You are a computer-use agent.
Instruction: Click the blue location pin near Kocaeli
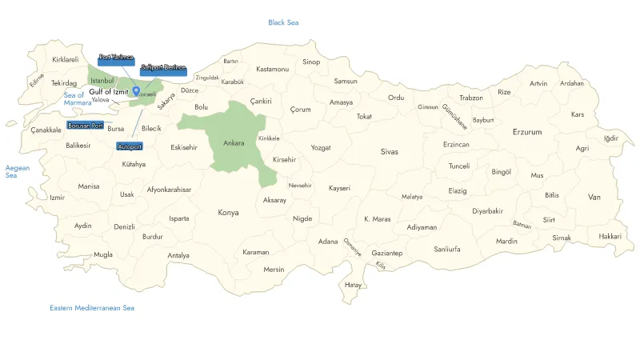tap(136, 91)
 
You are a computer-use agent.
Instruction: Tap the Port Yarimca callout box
tap(116, 58)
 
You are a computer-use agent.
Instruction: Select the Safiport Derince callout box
tap(163, 69)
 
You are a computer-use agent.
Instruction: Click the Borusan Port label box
tap(86, 126)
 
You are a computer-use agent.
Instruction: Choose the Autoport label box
tap(129, 147)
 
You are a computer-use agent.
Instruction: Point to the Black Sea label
tap(283, 22)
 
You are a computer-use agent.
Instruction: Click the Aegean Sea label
tap(17, 172)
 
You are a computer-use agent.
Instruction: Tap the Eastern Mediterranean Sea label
tap(92, 308)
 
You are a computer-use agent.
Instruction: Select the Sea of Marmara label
tap(78, 99)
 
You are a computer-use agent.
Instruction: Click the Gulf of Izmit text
tap(109, 92)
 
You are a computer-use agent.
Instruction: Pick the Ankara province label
tap(234, 143)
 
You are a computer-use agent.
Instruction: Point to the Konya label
tap(228, 213)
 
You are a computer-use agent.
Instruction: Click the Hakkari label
tap(610, 236)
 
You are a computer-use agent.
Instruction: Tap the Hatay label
tap(353, 285)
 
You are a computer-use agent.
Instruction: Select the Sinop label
tap(311, 62)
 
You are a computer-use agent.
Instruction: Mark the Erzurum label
tap(527, 131)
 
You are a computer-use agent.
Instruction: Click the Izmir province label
tap(57, 198)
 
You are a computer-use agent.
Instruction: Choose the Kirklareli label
tap(66, 59)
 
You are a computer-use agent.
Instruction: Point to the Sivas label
tap(389, 151)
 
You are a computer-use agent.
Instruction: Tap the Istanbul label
tap(102, 80)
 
